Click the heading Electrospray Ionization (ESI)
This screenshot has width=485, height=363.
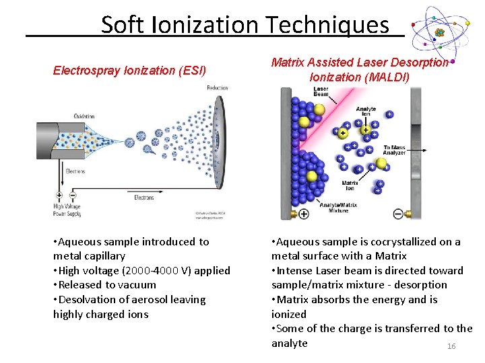[129, 70]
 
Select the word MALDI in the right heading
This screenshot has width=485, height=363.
[387, 77]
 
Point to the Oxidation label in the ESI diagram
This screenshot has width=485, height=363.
[84, 116]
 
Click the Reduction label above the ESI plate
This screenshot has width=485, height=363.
[217, 88]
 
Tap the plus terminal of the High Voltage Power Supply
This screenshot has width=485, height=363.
[59, 196]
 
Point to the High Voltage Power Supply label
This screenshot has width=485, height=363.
[67, 210]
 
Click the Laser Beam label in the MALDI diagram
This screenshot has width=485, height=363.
[321, 91]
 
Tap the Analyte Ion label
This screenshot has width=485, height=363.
[366, 112]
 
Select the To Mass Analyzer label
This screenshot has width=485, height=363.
[394, 150]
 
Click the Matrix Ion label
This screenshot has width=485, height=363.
[350, 184]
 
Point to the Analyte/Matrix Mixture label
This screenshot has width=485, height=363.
[339, 208]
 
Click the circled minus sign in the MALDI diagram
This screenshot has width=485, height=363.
[398, 214]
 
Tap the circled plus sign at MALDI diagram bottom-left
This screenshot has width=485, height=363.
[303, 214]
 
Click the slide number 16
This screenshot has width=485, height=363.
[451, 346]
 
